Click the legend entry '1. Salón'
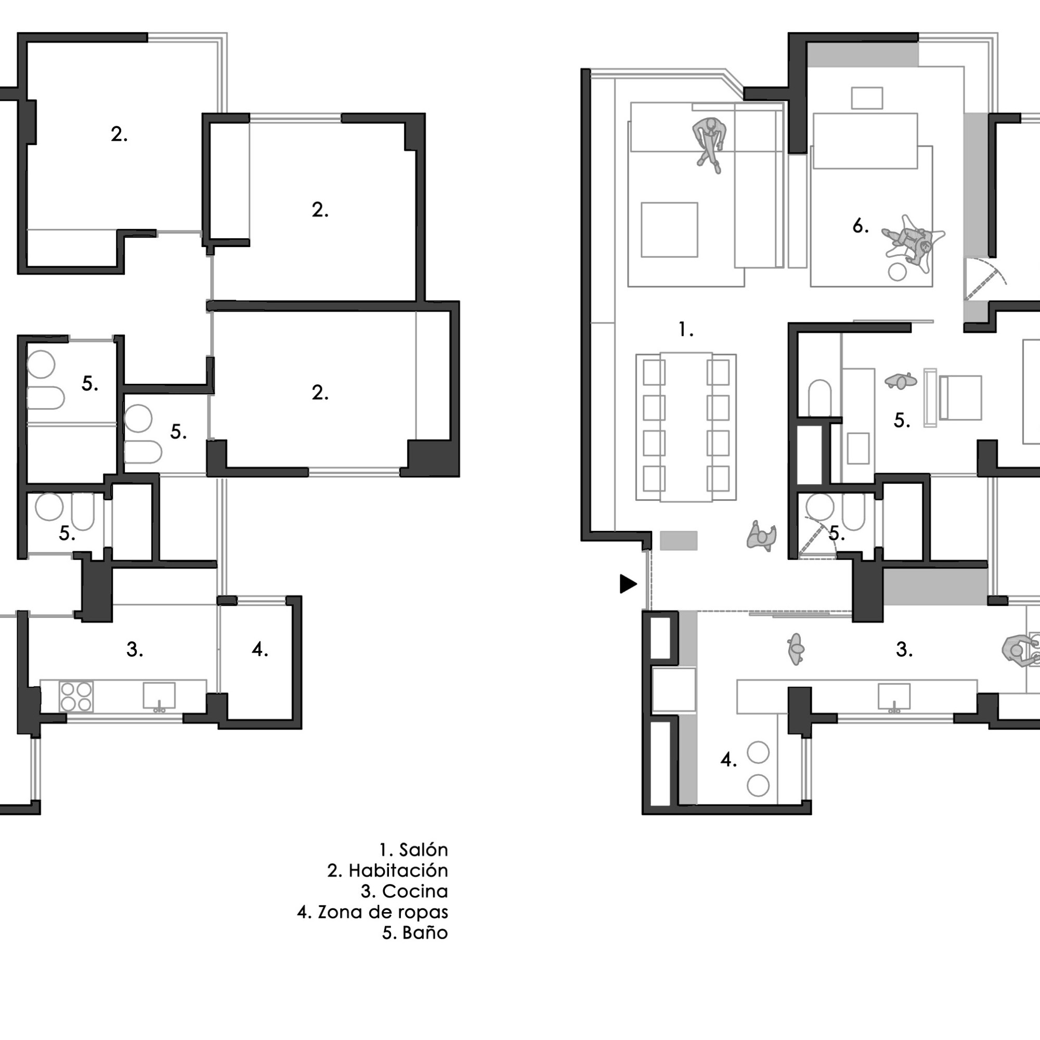point(413,850)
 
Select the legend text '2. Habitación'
point(387,871)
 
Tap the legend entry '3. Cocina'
point(404,891)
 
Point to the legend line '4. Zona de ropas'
point(372,913)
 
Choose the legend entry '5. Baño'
point(415,933)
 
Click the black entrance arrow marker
point(628,584)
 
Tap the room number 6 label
point(860,226)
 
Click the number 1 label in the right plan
point(686,329)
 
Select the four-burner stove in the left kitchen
point(76,697)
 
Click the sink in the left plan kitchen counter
point(159,697)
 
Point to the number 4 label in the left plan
point(260,649)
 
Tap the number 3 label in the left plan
point(135,649)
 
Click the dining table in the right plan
point(686,427)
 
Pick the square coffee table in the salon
point(669,230)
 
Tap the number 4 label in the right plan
point(729,760)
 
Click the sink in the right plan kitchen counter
point(893,698)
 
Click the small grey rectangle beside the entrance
point(679,540)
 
